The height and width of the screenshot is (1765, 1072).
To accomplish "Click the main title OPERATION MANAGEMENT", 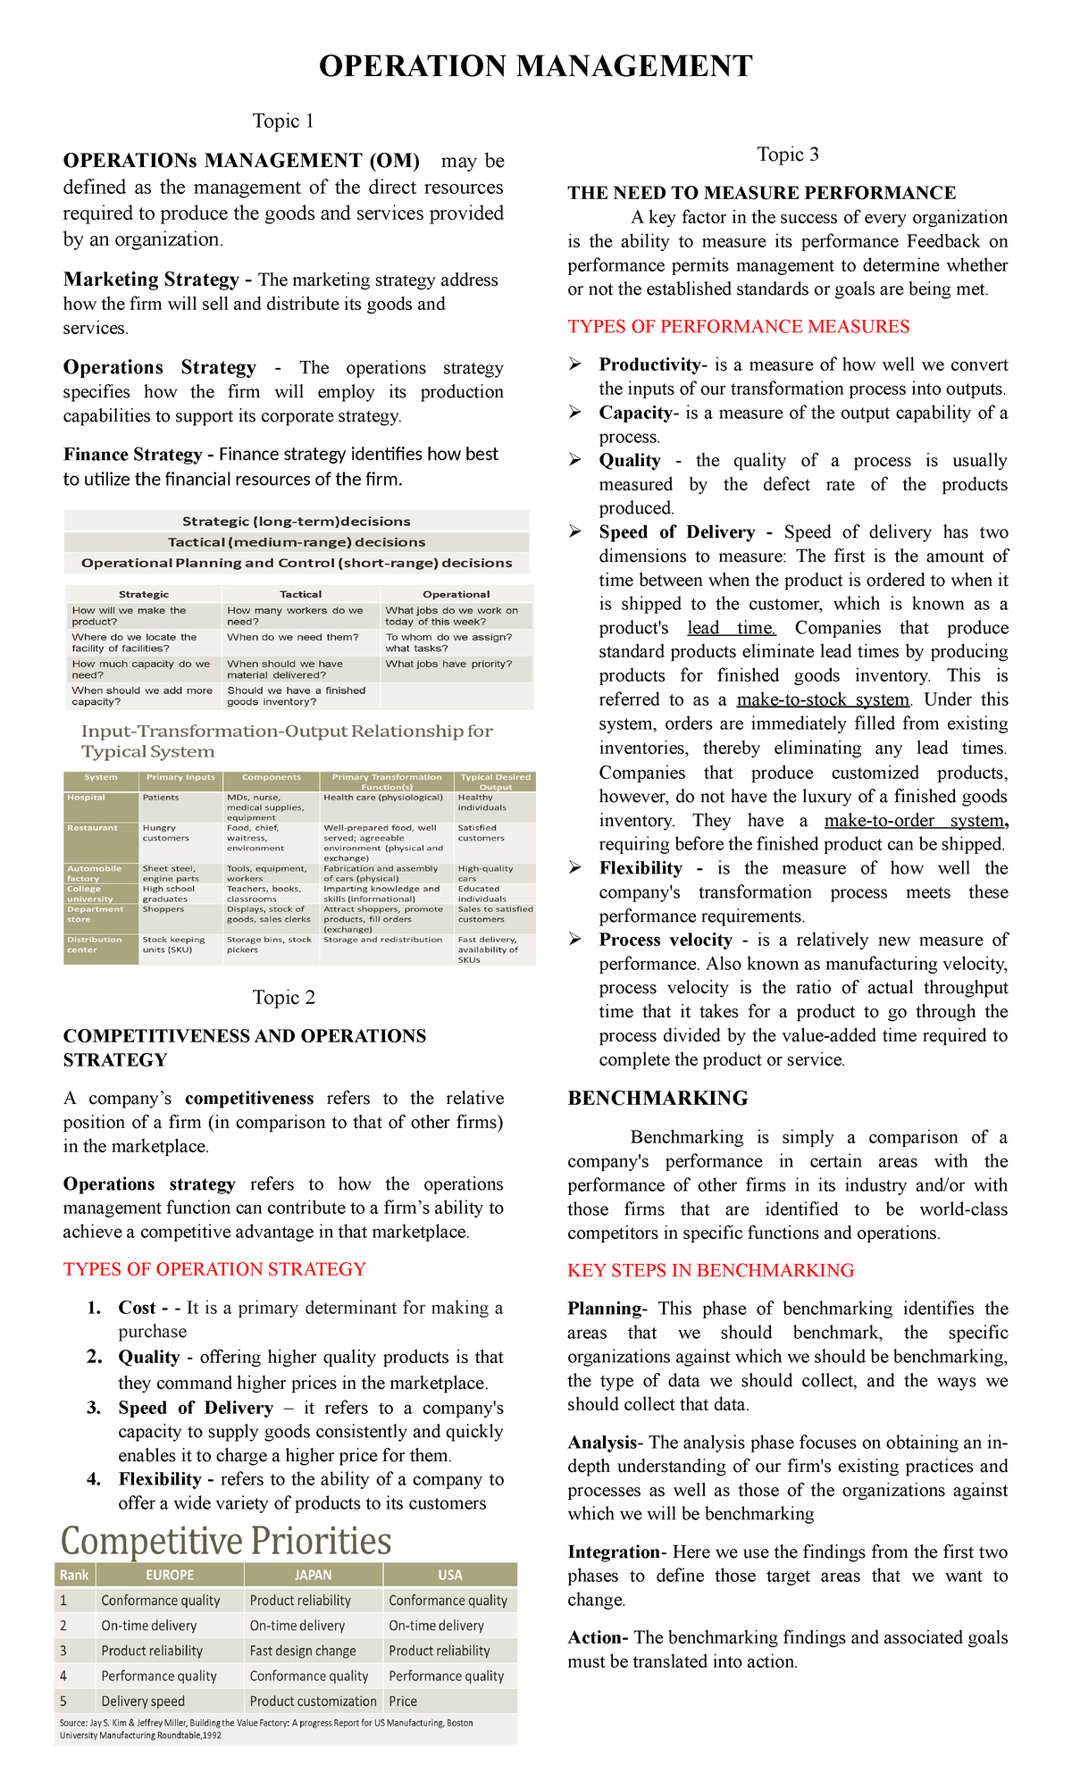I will (535, 66).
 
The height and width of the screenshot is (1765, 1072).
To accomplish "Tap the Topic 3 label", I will (787, 155).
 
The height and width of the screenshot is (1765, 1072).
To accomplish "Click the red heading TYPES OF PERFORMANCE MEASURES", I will (738, 327).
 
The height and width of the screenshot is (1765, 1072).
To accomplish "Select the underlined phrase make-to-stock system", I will (822, 699).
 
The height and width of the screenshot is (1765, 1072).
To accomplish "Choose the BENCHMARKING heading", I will (657, 1098).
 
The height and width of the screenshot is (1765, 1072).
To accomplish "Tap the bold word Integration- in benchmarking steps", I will (617, 1552).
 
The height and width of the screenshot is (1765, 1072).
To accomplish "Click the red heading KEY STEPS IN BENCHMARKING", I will (710, 1270).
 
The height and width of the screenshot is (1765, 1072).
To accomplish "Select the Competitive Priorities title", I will (226, 1541).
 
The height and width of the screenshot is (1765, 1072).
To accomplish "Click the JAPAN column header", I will (313, 1575).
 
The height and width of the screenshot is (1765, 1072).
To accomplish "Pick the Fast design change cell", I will (303, 1651).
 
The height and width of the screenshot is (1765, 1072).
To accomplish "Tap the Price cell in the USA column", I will (403, 1701).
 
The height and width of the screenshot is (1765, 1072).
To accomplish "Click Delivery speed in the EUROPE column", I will (143, 1701).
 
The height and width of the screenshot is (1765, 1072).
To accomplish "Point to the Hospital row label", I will (86, 798).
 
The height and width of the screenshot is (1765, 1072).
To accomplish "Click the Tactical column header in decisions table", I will (300, 594).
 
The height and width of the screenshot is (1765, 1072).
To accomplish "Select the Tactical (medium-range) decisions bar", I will (297, 542).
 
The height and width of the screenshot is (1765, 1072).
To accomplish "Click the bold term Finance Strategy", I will (132, 455).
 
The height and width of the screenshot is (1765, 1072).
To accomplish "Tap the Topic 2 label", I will (283, 998).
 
